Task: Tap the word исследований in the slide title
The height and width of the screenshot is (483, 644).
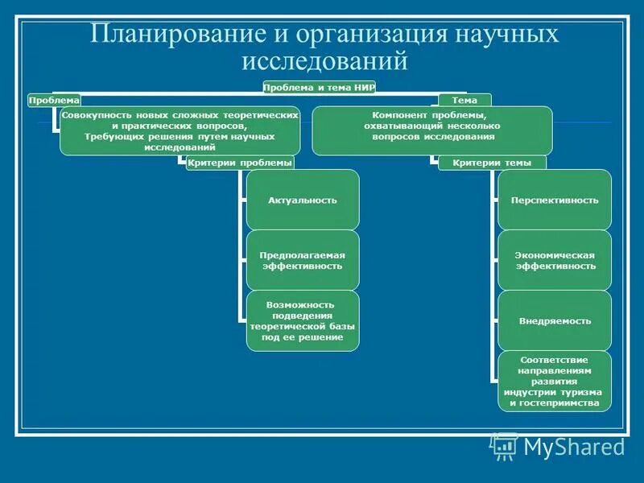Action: pos(325,61)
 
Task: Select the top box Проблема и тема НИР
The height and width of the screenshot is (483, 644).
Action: pos(320,87)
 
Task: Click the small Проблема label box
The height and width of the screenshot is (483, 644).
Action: pos(54,100)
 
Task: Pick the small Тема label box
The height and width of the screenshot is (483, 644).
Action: pos(464,100)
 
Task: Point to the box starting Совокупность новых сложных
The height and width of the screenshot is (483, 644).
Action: pos(180,130)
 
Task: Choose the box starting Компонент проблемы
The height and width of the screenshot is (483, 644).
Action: pos(432,130)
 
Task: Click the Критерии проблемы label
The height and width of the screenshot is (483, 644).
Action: pos(239,163)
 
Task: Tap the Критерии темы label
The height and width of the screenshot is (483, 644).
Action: pos(491,163)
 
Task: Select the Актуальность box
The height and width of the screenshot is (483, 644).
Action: pos(302,200)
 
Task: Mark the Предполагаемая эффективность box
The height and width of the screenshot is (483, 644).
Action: pos(302,260)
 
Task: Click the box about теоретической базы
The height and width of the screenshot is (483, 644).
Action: pos(302,320)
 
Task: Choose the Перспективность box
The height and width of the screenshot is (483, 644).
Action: pos(555,200)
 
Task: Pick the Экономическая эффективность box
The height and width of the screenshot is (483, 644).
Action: pos(555,260)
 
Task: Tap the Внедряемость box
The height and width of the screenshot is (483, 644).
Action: pos(555,320)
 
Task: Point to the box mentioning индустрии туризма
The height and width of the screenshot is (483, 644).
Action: pos(555,381)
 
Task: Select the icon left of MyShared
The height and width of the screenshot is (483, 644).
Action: pos(504,445)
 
